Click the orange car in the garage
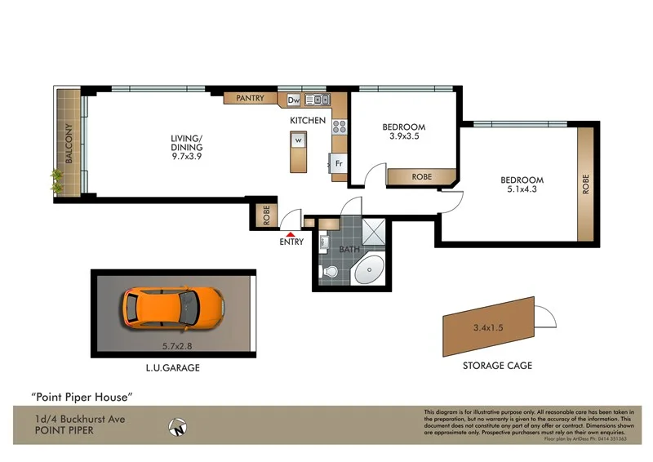173,308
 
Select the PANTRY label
250,99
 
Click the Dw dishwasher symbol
294,100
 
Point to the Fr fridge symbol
338,163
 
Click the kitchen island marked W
298,151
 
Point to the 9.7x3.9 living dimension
187,157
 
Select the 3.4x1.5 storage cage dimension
488,328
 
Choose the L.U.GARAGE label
172,368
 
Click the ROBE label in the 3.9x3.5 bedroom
421,176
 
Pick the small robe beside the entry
266,215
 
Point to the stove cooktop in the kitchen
339,127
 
